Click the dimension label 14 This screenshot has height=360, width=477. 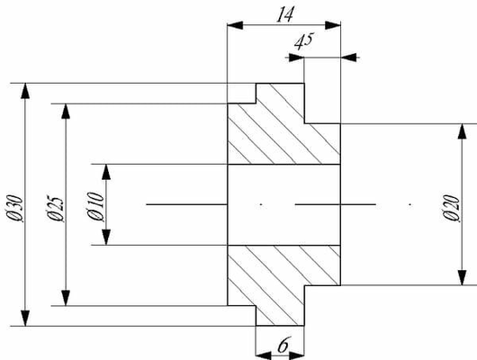tap(285, 14)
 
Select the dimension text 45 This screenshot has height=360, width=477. tap(304, 41)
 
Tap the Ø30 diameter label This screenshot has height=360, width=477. tap(15, 208)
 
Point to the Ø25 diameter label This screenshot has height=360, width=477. tap(56, 208)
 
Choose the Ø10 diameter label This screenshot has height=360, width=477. tap(95, 206)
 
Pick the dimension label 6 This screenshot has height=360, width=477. tap(283, 345)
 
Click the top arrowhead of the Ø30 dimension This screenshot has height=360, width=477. tap(25, 91)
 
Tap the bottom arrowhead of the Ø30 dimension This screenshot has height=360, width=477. tap(25, 318)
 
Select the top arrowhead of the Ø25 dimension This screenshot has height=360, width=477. tap(66, 112)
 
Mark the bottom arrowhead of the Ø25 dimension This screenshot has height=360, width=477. tap(66, 298)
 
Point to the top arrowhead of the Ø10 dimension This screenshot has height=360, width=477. tap(106, 172)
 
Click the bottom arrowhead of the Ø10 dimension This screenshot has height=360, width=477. tap(106, 238)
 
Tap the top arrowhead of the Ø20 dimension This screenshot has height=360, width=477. tap(462, 131)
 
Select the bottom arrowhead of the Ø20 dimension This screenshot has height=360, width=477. tap(462, 277)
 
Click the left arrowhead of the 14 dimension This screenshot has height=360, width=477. tap(235, 25)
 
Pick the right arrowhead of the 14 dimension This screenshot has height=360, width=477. tap(333, 25)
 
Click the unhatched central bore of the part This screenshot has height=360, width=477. tap(283, 204)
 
